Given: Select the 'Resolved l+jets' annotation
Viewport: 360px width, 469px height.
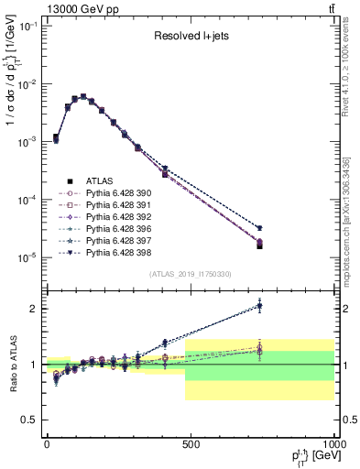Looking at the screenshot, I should click(x=190, y=37).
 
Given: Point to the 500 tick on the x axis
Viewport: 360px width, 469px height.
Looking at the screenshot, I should click(x=191, y=442).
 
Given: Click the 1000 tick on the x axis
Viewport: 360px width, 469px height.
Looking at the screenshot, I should click(x=334, y=442).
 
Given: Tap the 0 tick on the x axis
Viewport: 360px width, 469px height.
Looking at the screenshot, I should click(x=47, y=442).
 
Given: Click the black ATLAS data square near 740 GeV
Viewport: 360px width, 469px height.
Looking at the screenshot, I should click(x=260, y=245).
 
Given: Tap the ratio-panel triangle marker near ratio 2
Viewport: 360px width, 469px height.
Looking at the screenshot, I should click(x=260, y=306).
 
